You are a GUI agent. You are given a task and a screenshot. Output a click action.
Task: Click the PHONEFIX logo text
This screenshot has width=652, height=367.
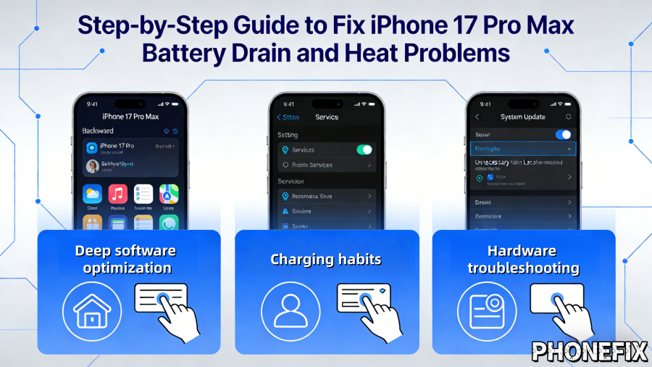coord(589,351)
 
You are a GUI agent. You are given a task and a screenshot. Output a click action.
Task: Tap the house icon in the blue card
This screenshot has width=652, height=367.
coord(87,310)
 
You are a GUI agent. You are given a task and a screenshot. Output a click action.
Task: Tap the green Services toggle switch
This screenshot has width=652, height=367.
coord(364,150)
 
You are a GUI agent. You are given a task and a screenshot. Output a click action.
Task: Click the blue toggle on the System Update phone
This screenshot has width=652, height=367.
coord(563,134)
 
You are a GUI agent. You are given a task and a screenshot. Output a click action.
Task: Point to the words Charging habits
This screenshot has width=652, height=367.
coord(327,259)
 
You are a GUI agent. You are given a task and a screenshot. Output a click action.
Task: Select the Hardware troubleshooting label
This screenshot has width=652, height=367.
coord(523,260)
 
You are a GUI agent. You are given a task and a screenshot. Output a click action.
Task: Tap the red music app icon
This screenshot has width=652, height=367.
coord(117,194)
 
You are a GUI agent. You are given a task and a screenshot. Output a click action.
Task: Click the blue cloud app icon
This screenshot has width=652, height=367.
coord(92,194)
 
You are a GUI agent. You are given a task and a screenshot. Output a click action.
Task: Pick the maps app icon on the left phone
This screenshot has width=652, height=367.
coord(169,194)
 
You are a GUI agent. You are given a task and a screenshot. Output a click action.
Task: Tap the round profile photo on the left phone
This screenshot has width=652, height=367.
coord(92,166)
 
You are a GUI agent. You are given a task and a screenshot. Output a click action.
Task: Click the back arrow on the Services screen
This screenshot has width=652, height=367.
coord(280,117)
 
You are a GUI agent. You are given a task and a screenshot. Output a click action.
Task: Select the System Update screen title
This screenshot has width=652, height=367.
coord(522,117)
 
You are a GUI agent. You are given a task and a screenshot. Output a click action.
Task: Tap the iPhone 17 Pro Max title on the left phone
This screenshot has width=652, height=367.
coord(130,116)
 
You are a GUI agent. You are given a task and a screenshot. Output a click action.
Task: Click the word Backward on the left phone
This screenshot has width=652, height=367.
coord(98,131)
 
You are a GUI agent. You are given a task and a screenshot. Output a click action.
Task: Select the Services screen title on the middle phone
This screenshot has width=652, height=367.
coord(327,117)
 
